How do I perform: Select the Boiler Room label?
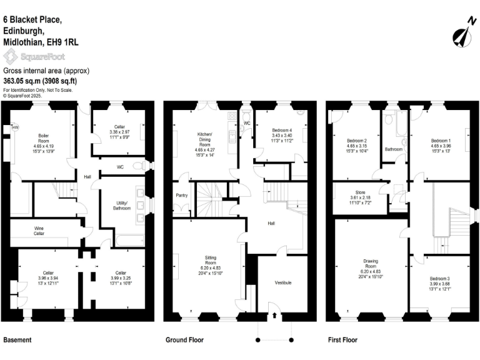point(44,136)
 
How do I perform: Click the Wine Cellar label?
point(42,231)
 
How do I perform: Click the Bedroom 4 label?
point(275,129)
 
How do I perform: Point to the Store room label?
point(360,192)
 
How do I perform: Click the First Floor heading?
point(342,341)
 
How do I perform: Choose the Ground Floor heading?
point(184,341)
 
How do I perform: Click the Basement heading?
point(17,341)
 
